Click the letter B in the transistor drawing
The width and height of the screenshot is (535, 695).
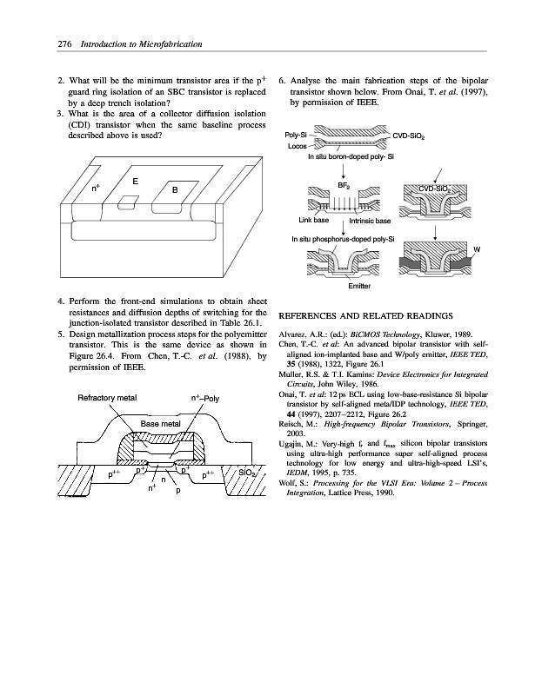pos(175,190)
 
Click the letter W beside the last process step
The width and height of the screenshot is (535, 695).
pos(477,251)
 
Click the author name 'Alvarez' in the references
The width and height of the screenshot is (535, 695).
pos(293,333)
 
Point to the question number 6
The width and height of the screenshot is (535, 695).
pos(281,79)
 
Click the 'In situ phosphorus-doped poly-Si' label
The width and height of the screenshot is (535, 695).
pos(343,238)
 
